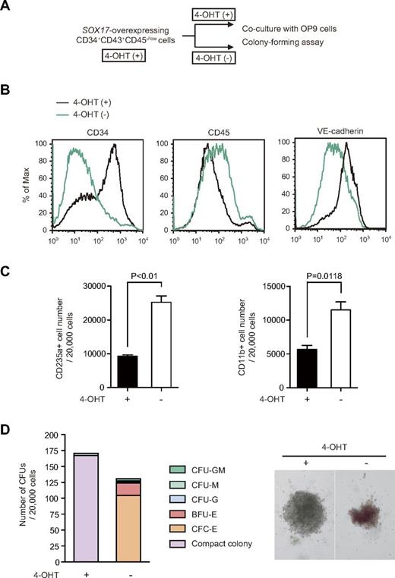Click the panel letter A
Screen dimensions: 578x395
7,7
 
